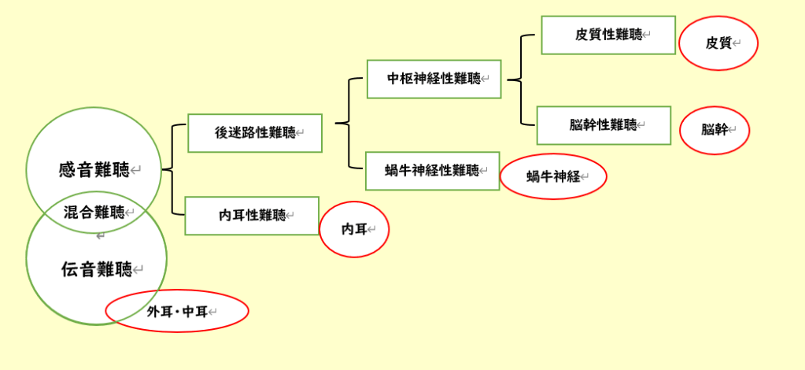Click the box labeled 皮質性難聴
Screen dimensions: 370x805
point(607,35)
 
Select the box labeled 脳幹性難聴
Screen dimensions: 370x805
point(604,125)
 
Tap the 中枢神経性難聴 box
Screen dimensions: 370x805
point(434,79)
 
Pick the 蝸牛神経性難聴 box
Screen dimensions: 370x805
point(432,171)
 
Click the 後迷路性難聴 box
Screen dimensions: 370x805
point(255,133)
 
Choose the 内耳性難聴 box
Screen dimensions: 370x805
point(252,216)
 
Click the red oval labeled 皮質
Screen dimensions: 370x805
point(718,43)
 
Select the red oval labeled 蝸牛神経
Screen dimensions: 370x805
point(553,176)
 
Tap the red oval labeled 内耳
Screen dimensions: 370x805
point(353,229)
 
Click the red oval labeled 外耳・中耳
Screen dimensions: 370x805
point(177,312)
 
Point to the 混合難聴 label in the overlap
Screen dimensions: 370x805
point(94,212)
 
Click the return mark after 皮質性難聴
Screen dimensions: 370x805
point(647,35)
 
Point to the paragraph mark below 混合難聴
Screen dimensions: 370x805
point(100,235)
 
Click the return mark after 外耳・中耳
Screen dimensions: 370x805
point(212,313)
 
